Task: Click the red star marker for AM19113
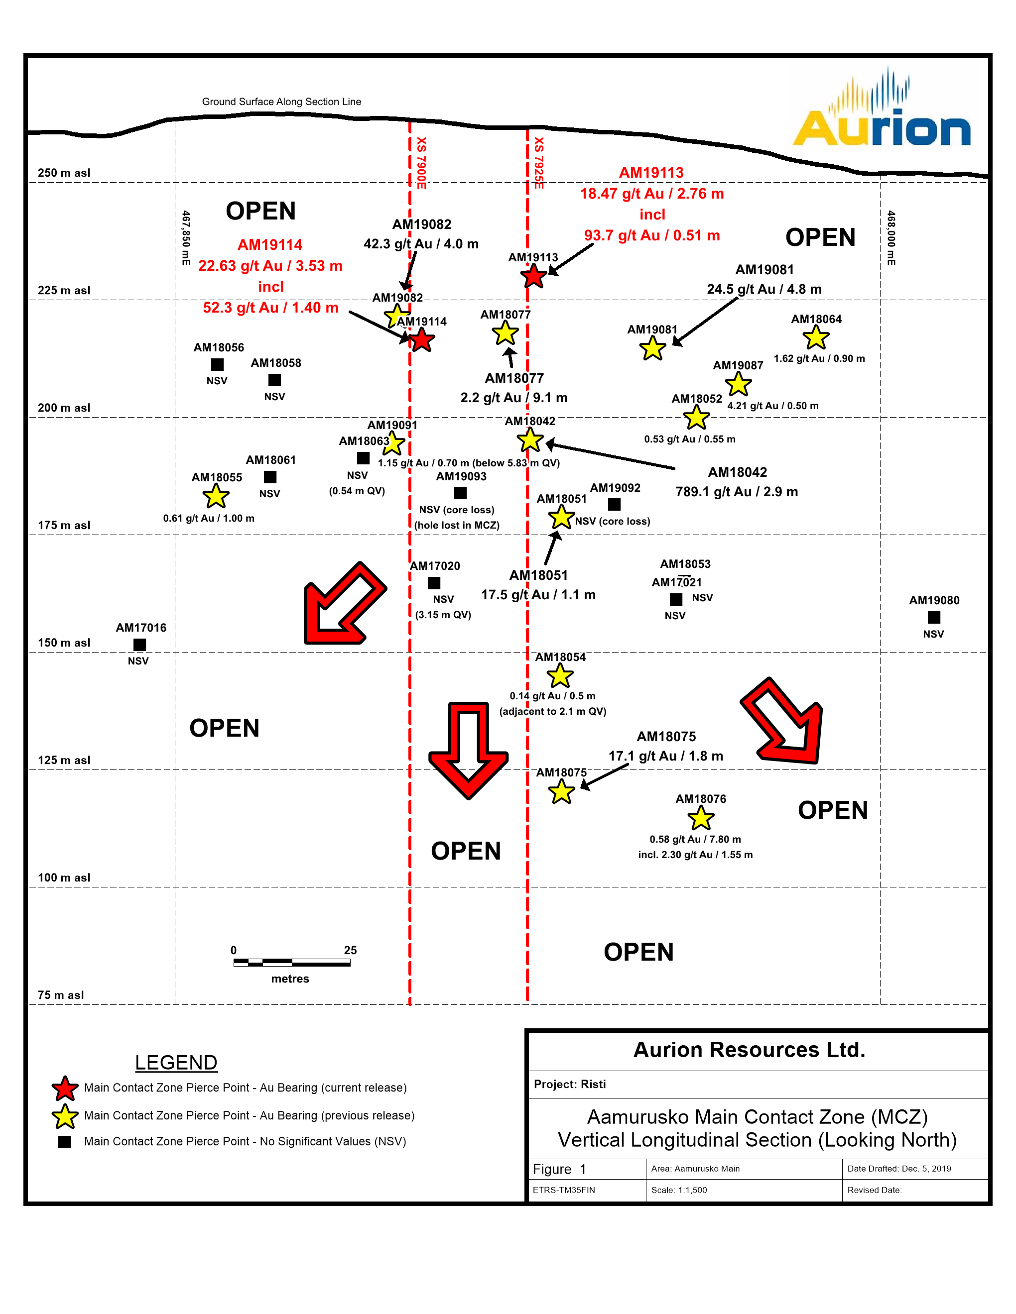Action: [x=533, y=277]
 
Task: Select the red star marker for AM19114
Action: [x=422, y=340]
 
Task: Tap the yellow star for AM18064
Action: [x=816, y=337]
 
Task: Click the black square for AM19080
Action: [x=933, y=617]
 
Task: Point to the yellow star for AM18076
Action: [x=701, y=818]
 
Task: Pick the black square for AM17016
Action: [x=139, y=645]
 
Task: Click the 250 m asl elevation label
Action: [x=64, y=173]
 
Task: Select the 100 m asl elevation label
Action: [x=64, y=878]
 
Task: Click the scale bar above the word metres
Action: [x=292, y=963]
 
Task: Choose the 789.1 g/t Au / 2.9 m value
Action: [x=737, y=492]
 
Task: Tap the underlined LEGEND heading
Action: [x=176, y=1063]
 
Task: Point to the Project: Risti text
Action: [x=569, y=1084]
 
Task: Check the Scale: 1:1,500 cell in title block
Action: [x=679, y=1190]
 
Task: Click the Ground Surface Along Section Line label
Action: [x=281, y=102]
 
